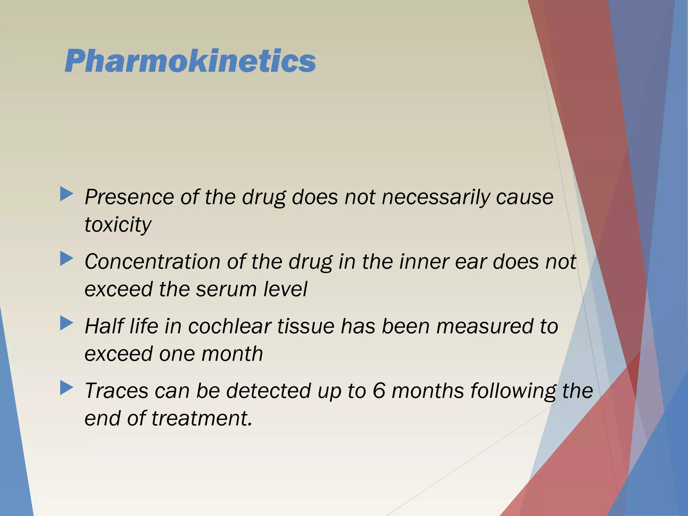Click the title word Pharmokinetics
point(190,61)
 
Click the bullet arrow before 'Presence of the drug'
point(67,195)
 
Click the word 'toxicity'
point(118,224)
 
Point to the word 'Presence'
point(129,197)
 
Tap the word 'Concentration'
point(152,262)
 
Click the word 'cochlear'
point(229,326)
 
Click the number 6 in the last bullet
point(379,391)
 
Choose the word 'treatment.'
point(202,419)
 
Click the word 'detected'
point(268,391)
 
